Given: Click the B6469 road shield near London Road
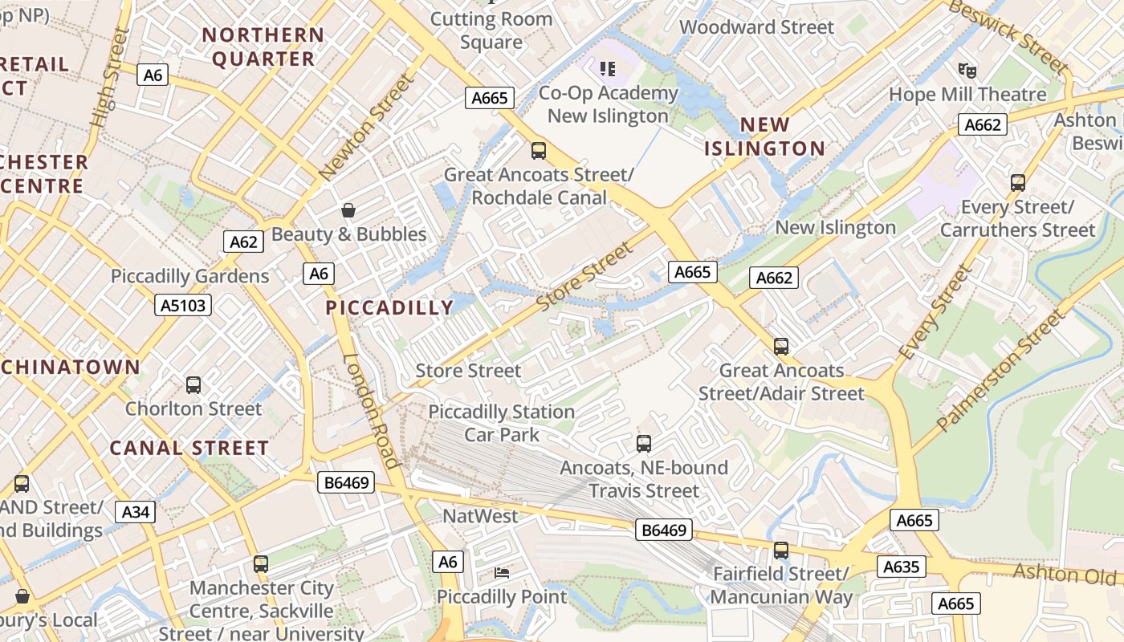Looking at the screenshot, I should pos(347,482).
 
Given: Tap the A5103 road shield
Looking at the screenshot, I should pos(183,305).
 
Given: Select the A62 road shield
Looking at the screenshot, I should pos(243,242).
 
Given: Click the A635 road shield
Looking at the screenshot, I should pos(901,567).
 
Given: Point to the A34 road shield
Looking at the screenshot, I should pos(135,512).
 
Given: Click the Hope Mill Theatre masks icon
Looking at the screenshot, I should pos(967,71).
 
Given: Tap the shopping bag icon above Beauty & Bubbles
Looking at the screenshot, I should pos(348,211).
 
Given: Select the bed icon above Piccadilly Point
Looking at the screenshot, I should pos(502,573).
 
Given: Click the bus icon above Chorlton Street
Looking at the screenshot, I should pos(193,385).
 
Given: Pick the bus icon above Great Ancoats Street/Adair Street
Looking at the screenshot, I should pos(781,347).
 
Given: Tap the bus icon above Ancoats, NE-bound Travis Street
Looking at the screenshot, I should pos(643,444).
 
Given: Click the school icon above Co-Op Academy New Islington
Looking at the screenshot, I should pos(608,69).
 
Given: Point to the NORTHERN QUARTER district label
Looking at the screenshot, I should pos(263,47).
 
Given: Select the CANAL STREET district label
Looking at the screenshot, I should pos(189,448).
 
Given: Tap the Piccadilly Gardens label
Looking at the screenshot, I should pos(190,277).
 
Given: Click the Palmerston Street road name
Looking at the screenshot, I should pos(1003,369).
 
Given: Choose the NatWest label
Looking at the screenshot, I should pos(481,516).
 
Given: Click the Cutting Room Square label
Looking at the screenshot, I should pos(491,30).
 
